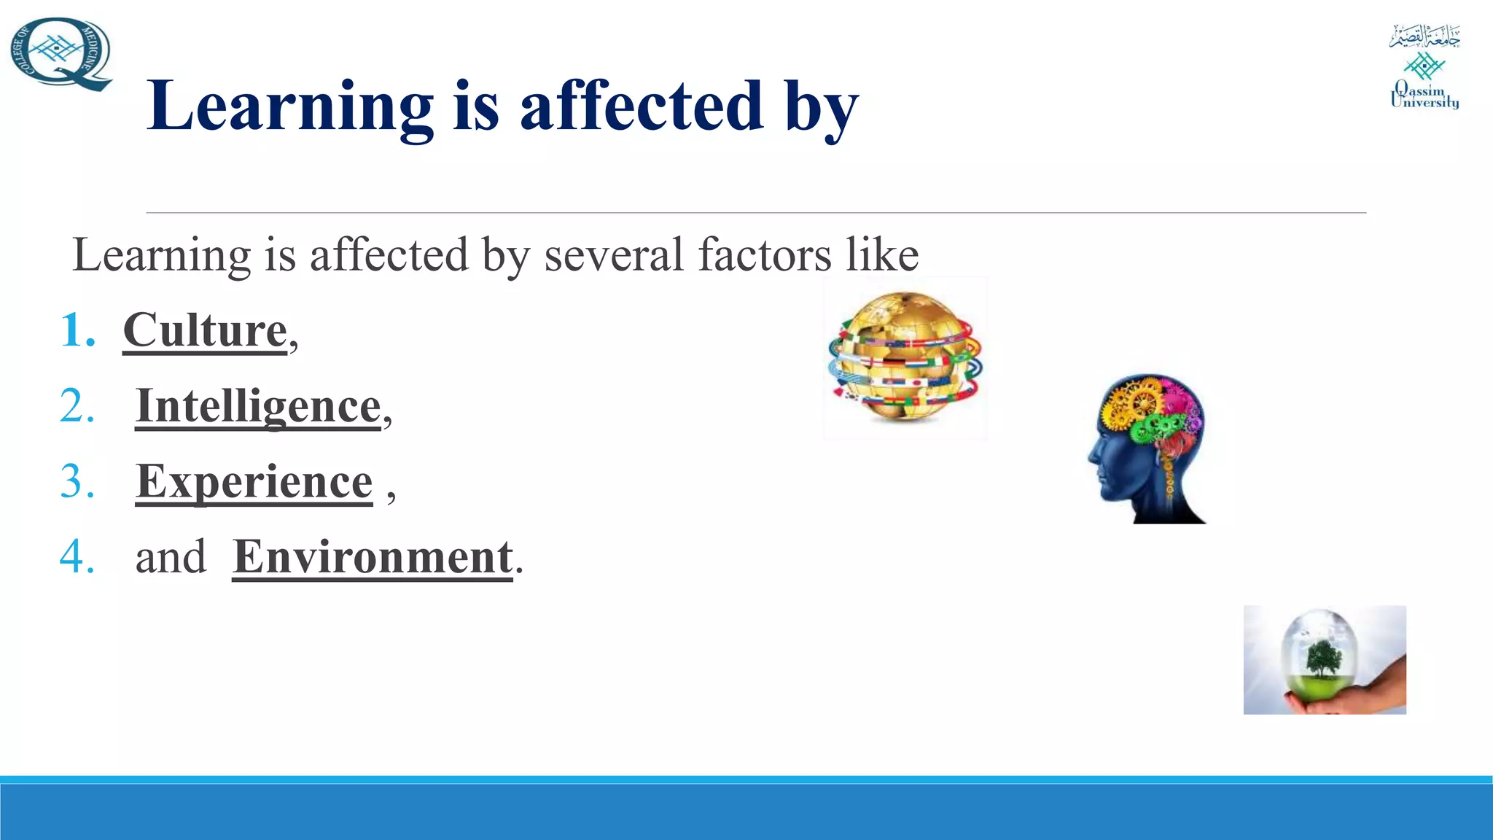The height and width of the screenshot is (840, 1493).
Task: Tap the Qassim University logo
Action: pyautogui.click(x=1424, y=67)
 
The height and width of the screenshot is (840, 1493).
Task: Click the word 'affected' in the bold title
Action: pyautogui.click(x=641, y=106)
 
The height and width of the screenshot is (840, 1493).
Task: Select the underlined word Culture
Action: pyautogui.click(x=205, y=330)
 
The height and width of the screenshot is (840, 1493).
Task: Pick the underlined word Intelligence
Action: pyautogui.click(x=258, y=406)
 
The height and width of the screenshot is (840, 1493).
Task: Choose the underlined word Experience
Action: pyautogui.click(x=254, y=481)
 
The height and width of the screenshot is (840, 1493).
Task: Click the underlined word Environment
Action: pyautogui.click(x=373, y=557)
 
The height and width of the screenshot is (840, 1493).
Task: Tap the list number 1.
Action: pyautogui.click(x=77, y=330)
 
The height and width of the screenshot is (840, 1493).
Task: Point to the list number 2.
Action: pyautogui.click(x=77, y=406)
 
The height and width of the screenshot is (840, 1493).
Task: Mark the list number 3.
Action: pyautogui.click(x=77, y=481)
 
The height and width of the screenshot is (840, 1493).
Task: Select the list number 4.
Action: pyautogui.click(x=77, y=557)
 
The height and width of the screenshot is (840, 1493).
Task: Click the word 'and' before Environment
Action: pyautogui.click(x=171, y=557)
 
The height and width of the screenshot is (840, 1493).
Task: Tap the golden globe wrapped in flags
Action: pyautogui.click(x=905, y=357)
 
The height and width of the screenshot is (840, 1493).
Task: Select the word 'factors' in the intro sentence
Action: pyautogui.click(x=763, y=254)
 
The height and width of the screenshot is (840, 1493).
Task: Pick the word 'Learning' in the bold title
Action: pyautogui.click(x=290, y=106)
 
